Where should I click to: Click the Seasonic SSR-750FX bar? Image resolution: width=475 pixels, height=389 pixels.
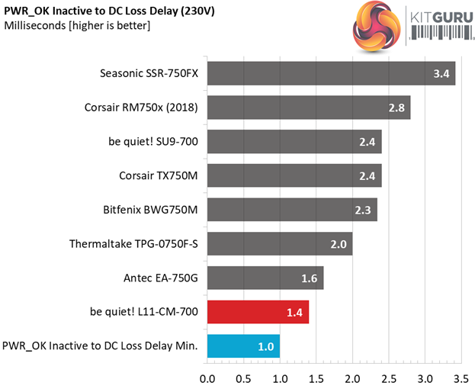click(331, 74)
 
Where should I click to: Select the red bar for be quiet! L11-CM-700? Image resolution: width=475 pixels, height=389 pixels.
click(258, 311)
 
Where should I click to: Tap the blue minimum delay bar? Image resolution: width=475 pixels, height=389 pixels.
click(243, 346)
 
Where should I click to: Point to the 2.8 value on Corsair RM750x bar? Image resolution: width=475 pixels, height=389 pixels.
click(396, 108)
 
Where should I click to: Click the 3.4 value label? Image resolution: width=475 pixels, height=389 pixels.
click(441, 74)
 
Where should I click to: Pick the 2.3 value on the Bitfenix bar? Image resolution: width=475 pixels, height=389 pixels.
click(363, 210)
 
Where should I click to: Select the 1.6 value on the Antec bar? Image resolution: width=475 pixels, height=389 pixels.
click(309, 278)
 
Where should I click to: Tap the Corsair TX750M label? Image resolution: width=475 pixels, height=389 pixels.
click(159, 175)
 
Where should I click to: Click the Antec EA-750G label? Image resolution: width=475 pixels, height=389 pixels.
click(162, 278)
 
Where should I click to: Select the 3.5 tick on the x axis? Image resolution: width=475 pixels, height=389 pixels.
click(461, 378)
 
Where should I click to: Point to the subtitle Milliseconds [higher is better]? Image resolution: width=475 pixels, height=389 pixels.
click(77, 26)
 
